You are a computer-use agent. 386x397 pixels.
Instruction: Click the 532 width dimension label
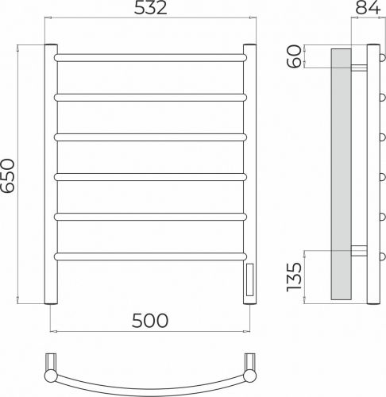pos(151,8)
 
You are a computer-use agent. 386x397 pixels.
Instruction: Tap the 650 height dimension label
pos(7,175)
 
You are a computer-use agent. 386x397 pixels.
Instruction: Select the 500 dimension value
pos(150,321)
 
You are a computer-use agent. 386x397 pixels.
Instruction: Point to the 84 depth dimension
pos(368,8)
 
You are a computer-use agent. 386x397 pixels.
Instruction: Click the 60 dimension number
pos(295,56)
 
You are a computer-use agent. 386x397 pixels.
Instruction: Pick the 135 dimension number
pos(295,277)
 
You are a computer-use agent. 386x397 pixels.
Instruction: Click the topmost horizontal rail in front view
pos(150,58)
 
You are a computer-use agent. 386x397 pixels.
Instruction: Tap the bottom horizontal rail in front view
pos(150,256)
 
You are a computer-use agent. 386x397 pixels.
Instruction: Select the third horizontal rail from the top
pos(150,137)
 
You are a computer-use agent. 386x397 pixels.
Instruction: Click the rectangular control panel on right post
pos(249,279)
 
